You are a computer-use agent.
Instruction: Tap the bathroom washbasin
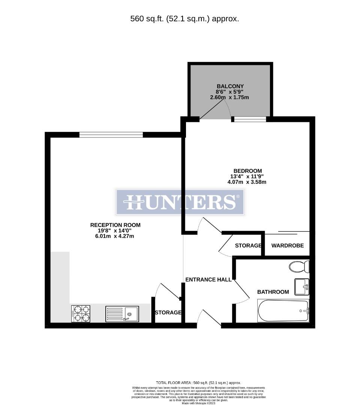coord(301,286)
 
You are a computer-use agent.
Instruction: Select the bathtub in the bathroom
coord(283,310)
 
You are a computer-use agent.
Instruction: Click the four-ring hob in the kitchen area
coord(81,313)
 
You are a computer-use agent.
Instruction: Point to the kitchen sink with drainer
coord(122,313)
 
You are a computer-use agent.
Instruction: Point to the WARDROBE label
coord(287,246)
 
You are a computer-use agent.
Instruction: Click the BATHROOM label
coord(273,292)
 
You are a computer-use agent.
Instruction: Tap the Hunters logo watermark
coord(180,202)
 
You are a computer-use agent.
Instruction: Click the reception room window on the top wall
coord(111,135)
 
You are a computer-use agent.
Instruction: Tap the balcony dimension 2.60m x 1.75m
coord(230,97)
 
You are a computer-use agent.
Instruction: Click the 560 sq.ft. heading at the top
coord(184,19)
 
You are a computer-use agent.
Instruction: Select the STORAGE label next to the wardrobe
coord(248,246)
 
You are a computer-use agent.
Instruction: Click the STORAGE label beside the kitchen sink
coord(168,312)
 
